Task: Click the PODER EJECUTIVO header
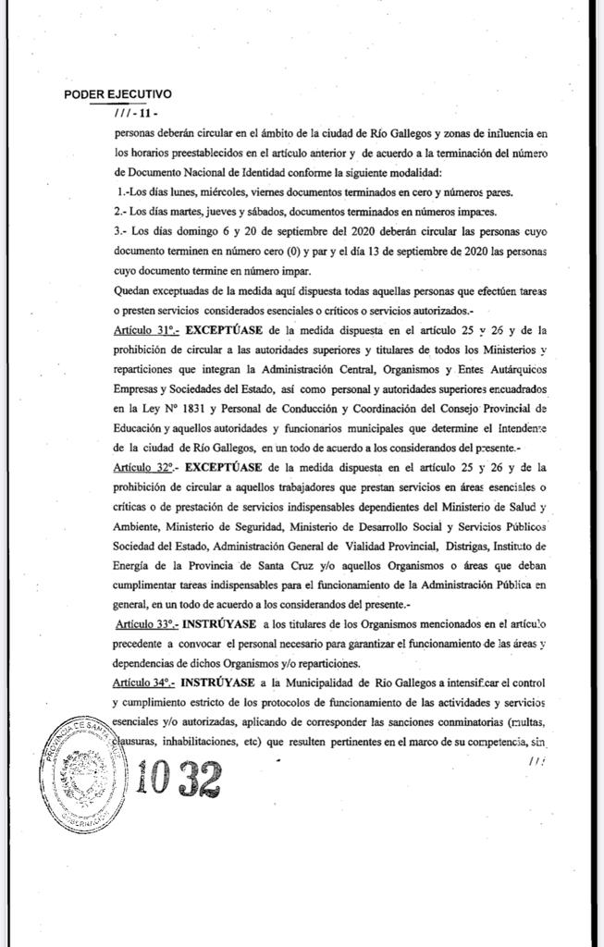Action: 117,94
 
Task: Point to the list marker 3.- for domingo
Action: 117,231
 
